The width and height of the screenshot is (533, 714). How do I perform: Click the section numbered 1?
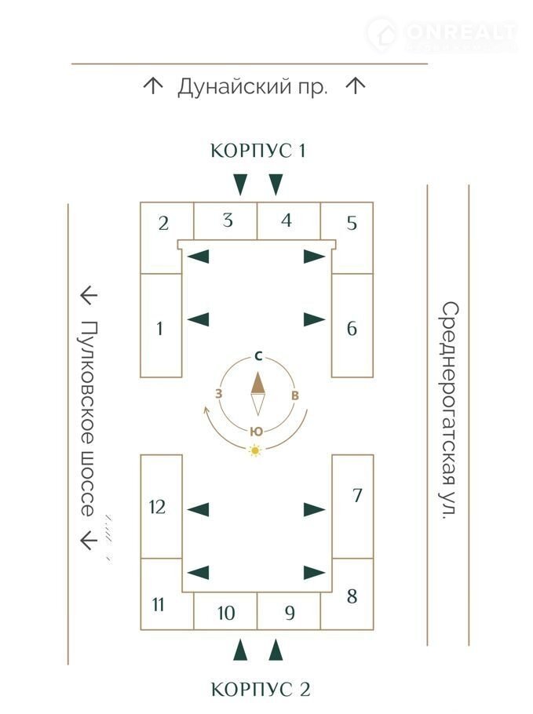coord(160,326)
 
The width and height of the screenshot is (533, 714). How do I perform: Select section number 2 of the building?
coord(163,224)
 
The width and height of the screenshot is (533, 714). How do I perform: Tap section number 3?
coord(227,220)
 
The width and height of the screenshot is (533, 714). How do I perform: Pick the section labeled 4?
coord(287,220)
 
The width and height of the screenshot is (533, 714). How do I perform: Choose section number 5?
coord(352,224)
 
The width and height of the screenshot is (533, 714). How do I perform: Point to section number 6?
coord(352,328)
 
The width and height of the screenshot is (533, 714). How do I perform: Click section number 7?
coord(356,496)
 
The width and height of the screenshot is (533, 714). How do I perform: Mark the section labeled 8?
coord(352,596)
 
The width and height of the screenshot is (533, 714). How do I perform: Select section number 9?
coord(290,613)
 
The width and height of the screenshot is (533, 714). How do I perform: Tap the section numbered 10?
coord(226,613)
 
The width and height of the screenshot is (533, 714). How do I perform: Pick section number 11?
coord(159,605)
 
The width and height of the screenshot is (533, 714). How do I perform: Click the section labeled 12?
coord(158,507)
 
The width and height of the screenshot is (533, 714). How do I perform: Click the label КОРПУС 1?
coord(257,151)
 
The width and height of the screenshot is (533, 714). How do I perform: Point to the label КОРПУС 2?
coord(261,690)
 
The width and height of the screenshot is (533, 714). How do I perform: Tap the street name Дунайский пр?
coord(252,86)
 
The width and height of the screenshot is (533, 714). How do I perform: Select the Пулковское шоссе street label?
coord(87,418)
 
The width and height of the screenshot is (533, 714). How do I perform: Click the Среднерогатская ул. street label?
coord(448,410)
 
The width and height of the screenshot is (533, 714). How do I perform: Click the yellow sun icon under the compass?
coord(254,450)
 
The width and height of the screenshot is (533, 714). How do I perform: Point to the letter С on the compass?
coord(257,356)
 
